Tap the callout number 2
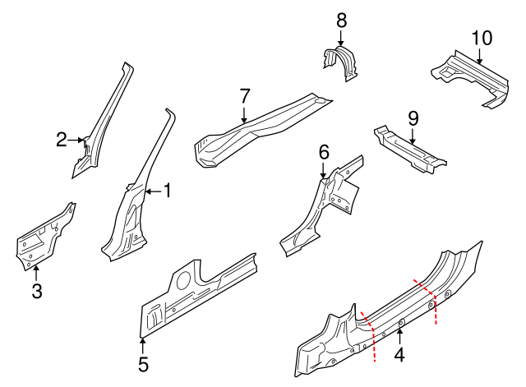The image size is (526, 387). coord(62,140)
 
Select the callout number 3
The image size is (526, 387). coord(36,290)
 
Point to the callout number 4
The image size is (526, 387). coord(400,356)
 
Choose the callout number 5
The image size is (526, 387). coord(143,362)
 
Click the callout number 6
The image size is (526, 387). coord(324,151)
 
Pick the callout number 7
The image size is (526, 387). coord(244,96)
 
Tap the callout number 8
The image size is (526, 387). coord(342,19)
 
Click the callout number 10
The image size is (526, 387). coord(481,38)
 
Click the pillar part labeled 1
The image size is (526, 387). coord(131,214)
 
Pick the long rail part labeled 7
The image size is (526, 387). coord(255,127)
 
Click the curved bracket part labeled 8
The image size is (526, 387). coord(340,63)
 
